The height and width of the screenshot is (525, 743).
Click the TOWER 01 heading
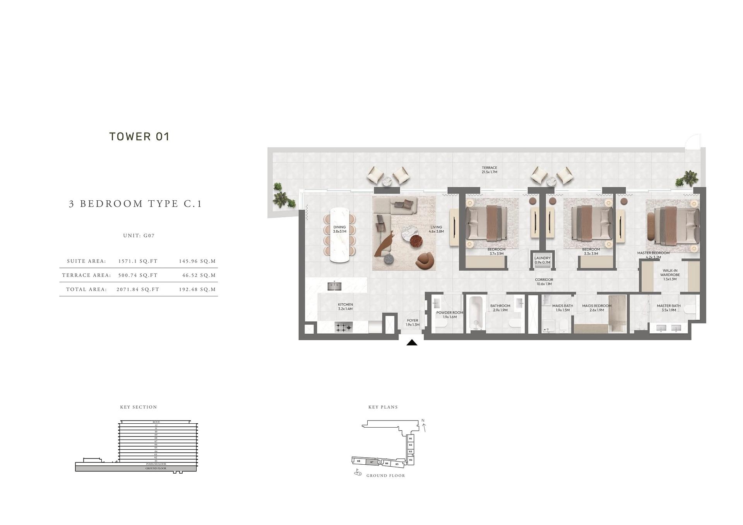[139, 136]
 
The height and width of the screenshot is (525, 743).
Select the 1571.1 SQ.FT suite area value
[138, 261]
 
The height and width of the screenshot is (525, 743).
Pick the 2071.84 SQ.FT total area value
[138, 289]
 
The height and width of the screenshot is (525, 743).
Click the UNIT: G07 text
[139, 235]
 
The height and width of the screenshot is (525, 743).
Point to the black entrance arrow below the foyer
[412, 343]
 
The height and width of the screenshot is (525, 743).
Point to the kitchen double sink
[334, 286]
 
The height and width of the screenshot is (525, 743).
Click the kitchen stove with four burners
[344, 327]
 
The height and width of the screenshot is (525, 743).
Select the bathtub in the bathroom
[476, 313]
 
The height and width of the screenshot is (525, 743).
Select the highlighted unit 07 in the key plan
[372, 462]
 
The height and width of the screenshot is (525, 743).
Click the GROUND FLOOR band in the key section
[156, 468]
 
